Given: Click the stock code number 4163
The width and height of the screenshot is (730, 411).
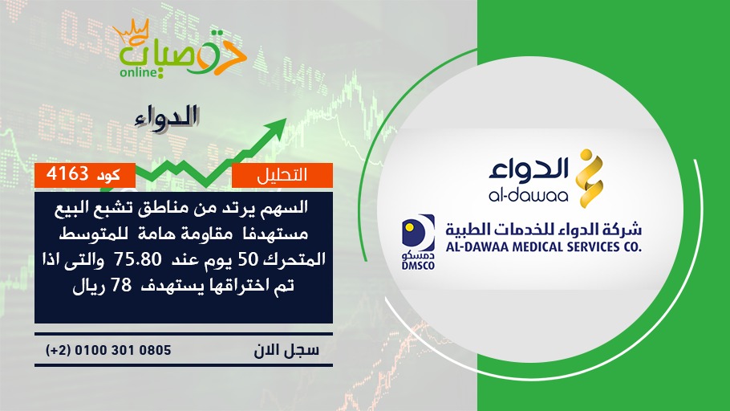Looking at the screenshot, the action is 67,174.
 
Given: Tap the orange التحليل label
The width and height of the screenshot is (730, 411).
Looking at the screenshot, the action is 282,175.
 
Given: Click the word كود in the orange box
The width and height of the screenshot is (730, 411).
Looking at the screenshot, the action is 108,175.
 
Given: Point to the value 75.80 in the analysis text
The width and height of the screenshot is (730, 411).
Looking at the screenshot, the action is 138,258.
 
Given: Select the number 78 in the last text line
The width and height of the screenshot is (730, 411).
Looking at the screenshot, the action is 121,285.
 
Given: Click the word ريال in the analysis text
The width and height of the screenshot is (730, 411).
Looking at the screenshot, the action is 87,286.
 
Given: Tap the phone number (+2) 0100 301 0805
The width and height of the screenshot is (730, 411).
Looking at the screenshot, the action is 108,350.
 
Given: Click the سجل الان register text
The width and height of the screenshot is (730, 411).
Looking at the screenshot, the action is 286,350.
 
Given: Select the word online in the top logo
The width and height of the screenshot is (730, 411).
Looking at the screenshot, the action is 138,72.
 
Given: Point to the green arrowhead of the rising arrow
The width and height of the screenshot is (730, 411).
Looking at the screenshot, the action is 276,128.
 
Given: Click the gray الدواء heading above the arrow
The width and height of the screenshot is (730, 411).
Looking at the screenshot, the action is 167,117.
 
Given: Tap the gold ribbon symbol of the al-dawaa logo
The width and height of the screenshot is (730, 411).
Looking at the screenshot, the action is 589,178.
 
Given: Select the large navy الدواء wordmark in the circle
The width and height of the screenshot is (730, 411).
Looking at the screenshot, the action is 529,170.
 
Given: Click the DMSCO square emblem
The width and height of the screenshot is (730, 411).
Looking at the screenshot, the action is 418,233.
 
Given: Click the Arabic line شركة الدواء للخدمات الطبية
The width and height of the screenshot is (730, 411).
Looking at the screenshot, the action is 543,228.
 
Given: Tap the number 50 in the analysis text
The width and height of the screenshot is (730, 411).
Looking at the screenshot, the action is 249,258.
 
